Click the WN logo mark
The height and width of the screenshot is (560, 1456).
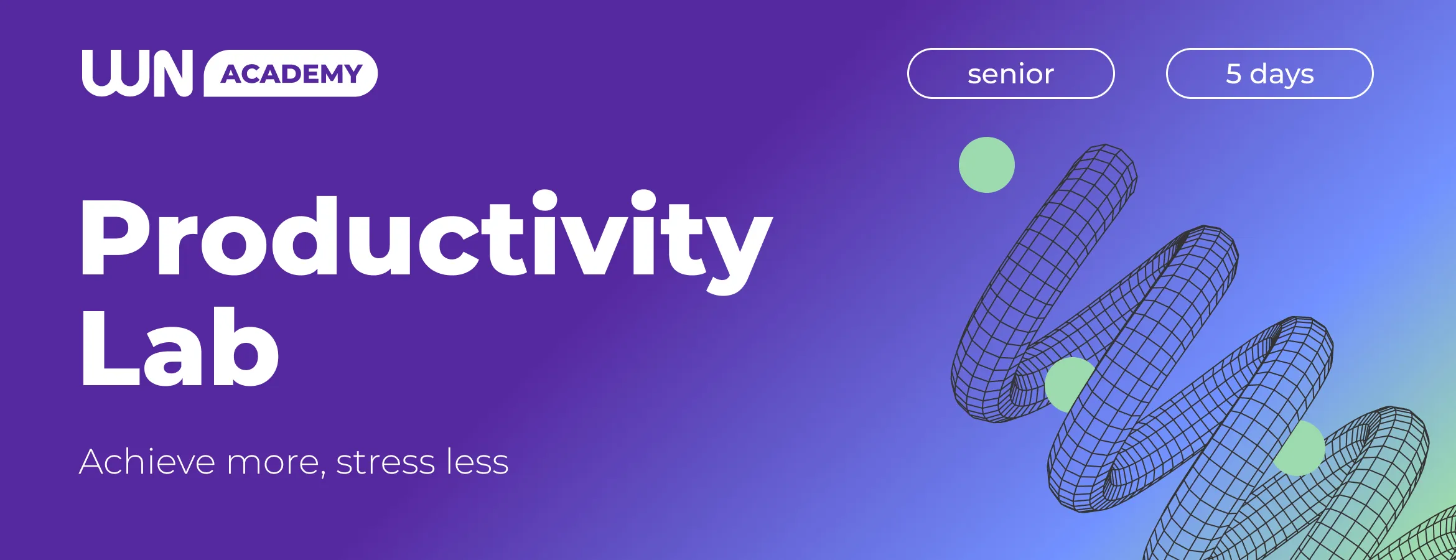138,73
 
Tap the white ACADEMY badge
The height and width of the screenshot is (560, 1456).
291,73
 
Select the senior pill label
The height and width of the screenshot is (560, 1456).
1010,73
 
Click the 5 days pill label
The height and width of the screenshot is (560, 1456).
1269,73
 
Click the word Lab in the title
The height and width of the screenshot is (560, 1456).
180,347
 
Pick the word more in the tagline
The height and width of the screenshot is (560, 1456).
273,464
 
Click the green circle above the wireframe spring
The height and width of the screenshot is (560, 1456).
987,165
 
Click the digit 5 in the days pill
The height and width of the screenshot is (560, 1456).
1233,74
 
